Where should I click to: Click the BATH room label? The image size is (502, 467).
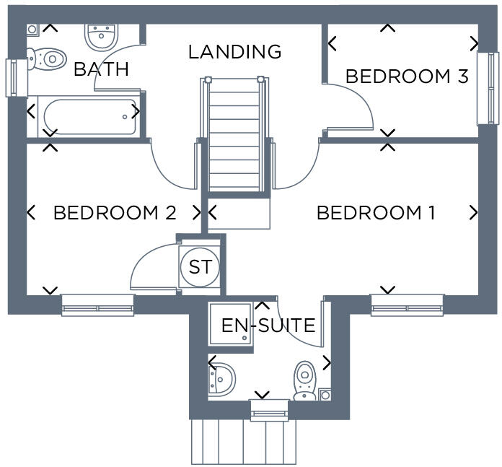(x=101, y=69)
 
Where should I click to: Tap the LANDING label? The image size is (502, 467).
(x=234, y=52)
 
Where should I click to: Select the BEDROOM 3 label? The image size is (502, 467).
(x=407, y=76)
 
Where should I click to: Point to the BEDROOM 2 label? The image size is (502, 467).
(x=115, y=213)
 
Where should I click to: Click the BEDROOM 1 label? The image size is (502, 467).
(x=376, y=213)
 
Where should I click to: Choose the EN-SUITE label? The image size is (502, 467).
(x=268, y=326)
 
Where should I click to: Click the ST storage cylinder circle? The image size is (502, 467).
(x=200, y=267)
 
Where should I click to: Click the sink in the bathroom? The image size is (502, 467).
(x=101, y=35)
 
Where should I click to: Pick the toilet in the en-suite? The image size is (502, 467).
(x=305, y=380)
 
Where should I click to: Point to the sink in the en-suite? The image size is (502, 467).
(x=222, y=377)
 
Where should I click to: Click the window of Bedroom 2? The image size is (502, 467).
(x=97, y=305)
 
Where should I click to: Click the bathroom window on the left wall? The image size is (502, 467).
(x=13, y=77)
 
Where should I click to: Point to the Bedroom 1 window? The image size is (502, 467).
(x=407, y=305)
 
